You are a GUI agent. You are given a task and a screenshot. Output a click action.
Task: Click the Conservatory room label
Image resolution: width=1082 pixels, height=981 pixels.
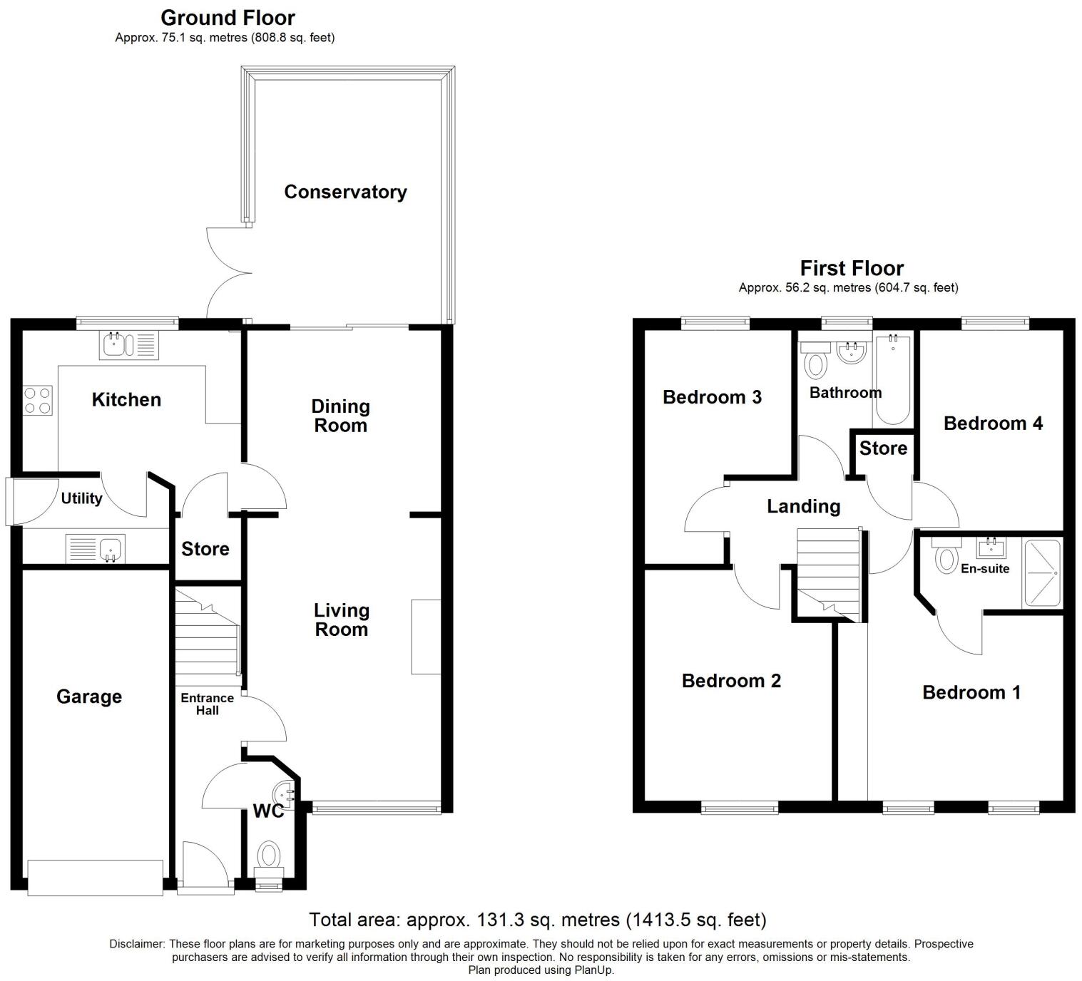[x=345, y=192]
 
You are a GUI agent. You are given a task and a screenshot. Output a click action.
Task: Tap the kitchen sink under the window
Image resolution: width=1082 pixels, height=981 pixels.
[x=129, y=346]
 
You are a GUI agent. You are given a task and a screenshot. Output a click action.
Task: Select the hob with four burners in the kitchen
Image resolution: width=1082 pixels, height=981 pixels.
[x=38, y=400]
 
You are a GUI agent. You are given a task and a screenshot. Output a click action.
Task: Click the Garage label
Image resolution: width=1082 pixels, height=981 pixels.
[x=89, y=697]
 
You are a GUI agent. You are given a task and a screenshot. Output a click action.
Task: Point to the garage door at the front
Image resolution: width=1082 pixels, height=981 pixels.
[x=95, y=877]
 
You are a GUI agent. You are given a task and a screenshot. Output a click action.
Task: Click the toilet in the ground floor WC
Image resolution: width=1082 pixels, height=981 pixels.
[x=269, y=855]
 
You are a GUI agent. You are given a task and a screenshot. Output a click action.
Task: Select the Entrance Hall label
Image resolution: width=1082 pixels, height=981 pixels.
[x=207, y=704]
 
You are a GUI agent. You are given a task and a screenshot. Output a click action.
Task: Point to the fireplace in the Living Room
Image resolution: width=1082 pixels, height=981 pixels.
[x=426, y=637]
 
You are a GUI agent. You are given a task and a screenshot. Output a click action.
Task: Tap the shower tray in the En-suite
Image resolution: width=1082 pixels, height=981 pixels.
[x=1041, y=573]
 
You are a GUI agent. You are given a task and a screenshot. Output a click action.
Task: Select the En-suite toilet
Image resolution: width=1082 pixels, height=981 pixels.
[x=946, y=557]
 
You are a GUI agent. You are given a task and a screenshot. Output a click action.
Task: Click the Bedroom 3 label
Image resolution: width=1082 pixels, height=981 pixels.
[x=712, y=397]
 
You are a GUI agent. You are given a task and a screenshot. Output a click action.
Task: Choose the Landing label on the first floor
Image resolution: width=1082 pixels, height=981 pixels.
[x=803, y=506]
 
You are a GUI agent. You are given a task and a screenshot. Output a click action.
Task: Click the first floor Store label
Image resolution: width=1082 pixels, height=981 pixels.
[x=883, y=448]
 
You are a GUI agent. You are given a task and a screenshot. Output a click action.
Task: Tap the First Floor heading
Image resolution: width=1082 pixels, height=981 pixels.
[x=852, y=268]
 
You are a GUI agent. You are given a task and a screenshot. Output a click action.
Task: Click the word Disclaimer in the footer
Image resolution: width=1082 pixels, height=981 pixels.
[x=137, y=944]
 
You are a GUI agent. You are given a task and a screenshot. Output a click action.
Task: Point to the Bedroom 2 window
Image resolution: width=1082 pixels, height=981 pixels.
[x=740, y=808]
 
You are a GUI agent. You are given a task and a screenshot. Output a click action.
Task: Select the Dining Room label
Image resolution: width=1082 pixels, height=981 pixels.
[x=341, y=416]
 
